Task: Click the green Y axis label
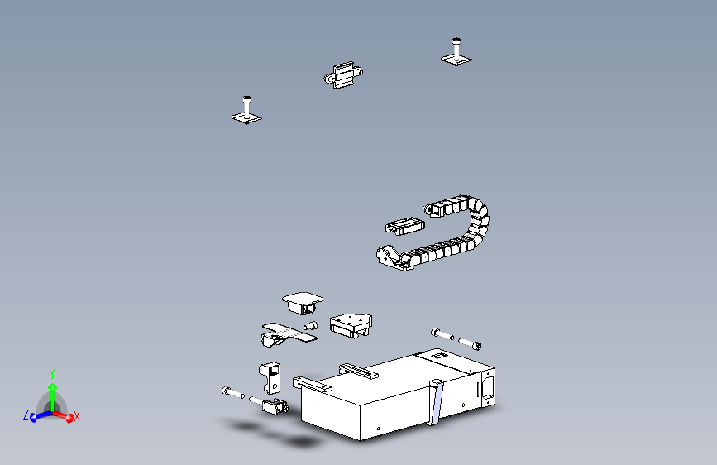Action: point(51,372)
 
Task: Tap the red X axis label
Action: point(77,417)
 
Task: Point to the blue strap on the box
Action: point(436,401)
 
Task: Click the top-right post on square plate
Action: point(456,50)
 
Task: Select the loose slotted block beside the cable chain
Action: point(402,225)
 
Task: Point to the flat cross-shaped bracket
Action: point(286,333)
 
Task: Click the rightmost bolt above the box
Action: point(471,343)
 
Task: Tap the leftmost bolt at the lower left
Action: point(231,391)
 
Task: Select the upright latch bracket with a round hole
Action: point(270,376)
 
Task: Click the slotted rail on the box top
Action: point(358,370)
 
